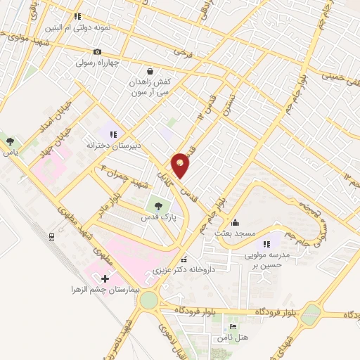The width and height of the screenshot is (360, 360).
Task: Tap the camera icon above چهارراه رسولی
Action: point(97,51)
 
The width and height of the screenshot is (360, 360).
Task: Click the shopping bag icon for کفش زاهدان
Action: point(150,71)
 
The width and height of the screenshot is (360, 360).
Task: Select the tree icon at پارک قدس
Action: point(159,207)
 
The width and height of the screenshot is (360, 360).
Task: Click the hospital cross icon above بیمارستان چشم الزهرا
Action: point(105,279)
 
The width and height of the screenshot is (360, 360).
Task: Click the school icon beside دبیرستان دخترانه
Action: point(113,134)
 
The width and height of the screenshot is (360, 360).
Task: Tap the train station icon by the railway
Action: point(53,238)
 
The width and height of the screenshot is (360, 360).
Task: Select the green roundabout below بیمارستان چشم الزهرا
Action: point(148,300)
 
